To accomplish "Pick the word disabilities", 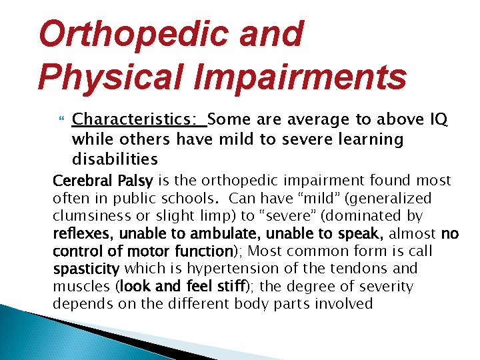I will (115, 159).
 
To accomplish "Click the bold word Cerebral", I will (83, 181).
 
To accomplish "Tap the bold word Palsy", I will (135, 181).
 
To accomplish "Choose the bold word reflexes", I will (78, 234).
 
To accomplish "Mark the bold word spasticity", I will (86, 269).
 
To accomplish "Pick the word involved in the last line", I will (343, 304).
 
